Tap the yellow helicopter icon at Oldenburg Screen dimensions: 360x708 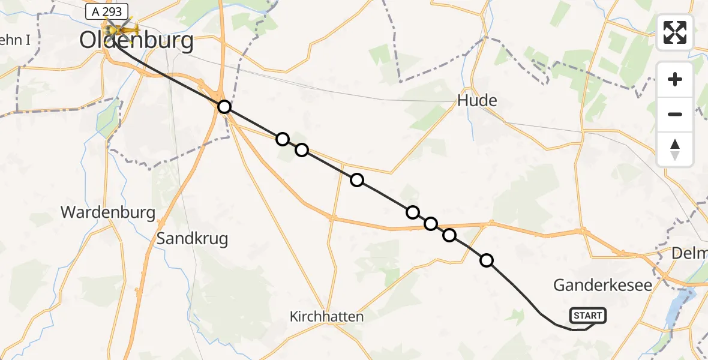click(x=121, y=28)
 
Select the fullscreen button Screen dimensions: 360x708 click(x=675, y=32)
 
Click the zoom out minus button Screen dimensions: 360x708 click(x=675, y=114)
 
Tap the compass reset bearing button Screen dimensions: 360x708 click(x=675, y=149)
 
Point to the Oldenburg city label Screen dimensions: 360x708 click(x=137, y=41)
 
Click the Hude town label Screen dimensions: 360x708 click(x=477, y=101)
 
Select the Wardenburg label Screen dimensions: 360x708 click(x=108, y=212)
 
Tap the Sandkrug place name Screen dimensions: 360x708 click(x=192, y=239)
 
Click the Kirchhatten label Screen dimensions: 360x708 click(x=327, y=316)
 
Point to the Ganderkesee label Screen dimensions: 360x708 click(x=602, y=285)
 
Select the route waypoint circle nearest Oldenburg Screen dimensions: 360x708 click(x=224, y=107)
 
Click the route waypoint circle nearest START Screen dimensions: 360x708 click(x=487, y=260)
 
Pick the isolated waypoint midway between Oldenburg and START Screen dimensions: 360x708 click(x=357, y=180)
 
